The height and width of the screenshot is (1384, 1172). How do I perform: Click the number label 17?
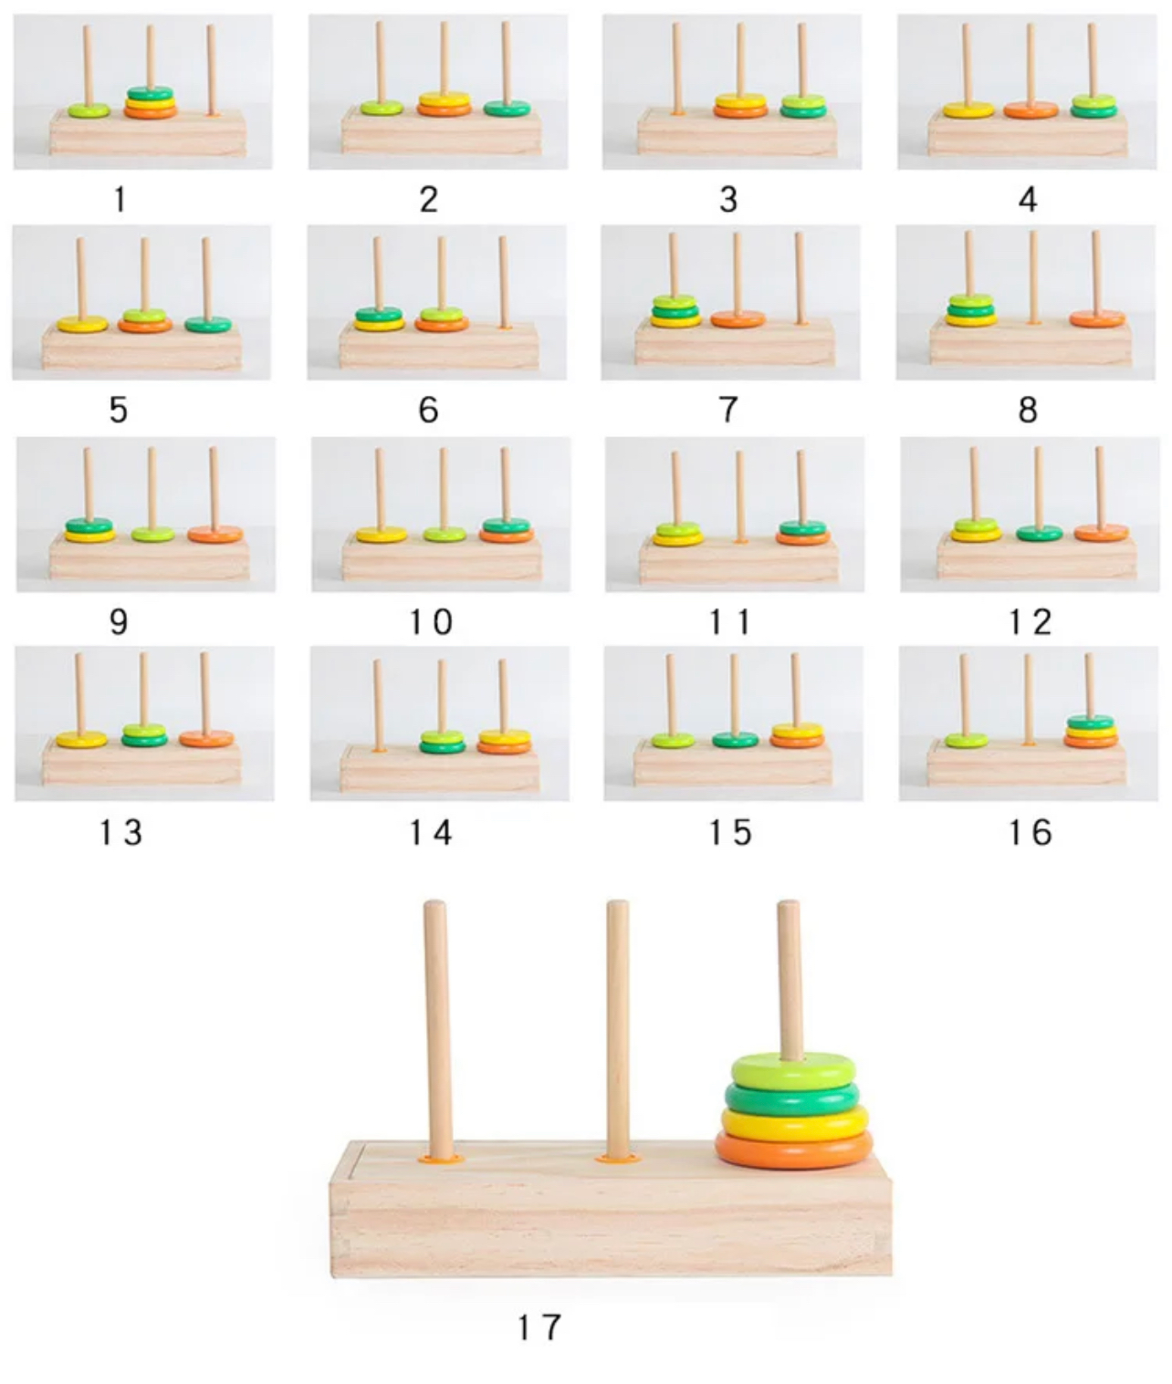click(x=539, y=1327)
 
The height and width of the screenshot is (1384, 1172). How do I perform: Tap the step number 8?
click(x=1027, y=410)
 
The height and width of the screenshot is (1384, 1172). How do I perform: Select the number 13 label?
click(x=120, y=833)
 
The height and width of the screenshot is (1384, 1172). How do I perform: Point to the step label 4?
click(x=1027, y=199)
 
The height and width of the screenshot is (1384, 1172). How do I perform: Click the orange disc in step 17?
click(x=794, y=1149)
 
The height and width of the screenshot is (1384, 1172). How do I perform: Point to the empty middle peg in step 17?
click(x=618, y=1028)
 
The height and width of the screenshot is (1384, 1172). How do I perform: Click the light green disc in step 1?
click(x=89, y=110)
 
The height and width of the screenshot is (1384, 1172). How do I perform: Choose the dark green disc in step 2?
click(x=507, y=108)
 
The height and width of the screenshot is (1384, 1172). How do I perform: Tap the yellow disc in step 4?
click(x=969, y=109)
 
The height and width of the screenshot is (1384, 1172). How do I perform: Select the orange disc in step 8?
click(x=1097, y=318)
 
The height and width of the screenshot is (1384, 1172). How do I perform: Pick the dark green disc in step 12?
click(x=1040, y=533)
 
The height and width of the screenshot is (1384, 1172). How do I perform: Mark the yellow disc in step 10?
click(x=382, y=535)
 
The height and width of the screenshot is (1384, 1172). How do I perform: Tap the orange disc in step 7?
click(x=738, y=318)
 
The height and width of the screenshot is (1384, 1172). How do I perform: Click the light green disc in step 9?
click(x=153, y=534)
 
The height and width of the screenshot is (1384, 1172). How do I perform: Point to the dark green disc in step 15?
click(x=735, y=740)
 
